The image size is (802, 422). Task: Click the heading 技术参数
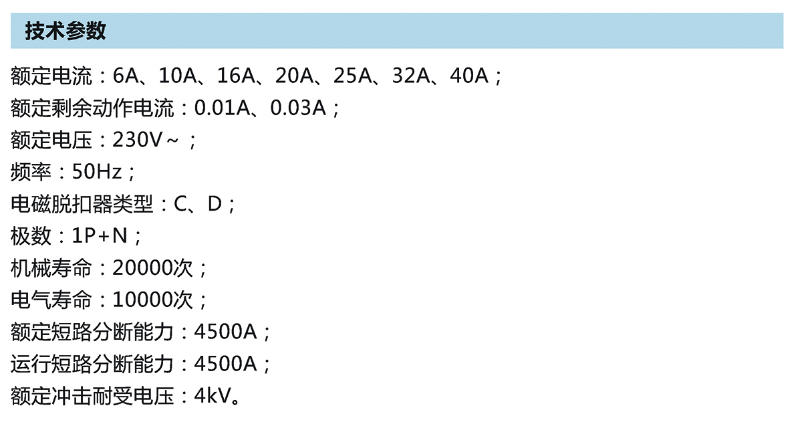[65, 31]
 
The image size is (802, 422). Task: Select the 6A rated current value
[125, 76]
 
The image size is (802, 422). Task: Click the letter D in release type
[214, 204]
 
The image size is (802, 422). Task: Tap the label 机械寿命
[51, 268]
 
